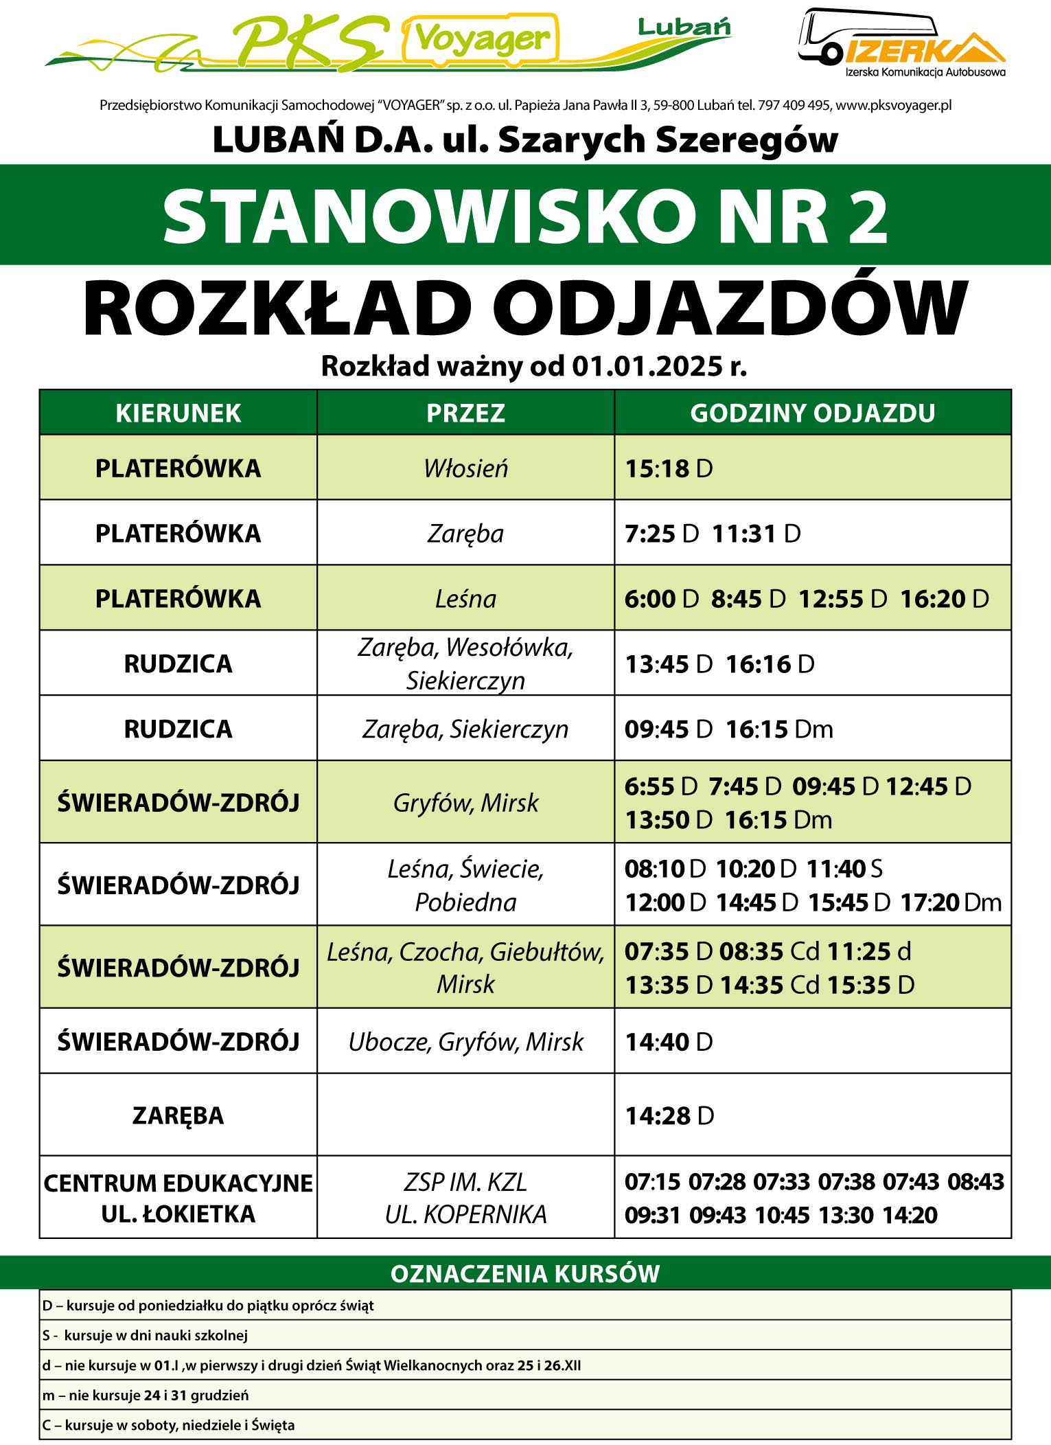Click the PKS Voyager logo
point(388,41)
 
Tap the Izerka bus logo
point(901,43)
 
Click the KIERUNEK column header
point(178,413)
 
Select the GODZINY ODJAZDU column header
point(812,413)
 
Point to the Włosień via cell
point(465,468)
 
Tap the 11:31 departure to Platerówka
point(744,534)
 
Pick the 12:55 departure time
point(831,599)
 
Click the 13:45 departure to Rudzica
point(657,664)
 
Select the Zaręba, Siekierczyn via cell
point(465,729)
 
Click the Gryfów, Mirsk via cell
point(465,802)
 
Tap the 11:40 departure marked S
point(836,869)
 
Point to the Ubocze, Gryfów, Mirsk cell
point(465,1042)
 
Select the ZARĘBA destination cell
point(178,1115)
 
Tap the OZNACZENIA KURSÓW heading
point(525,1274)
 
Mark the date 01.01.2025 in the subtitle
point(648,367)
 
